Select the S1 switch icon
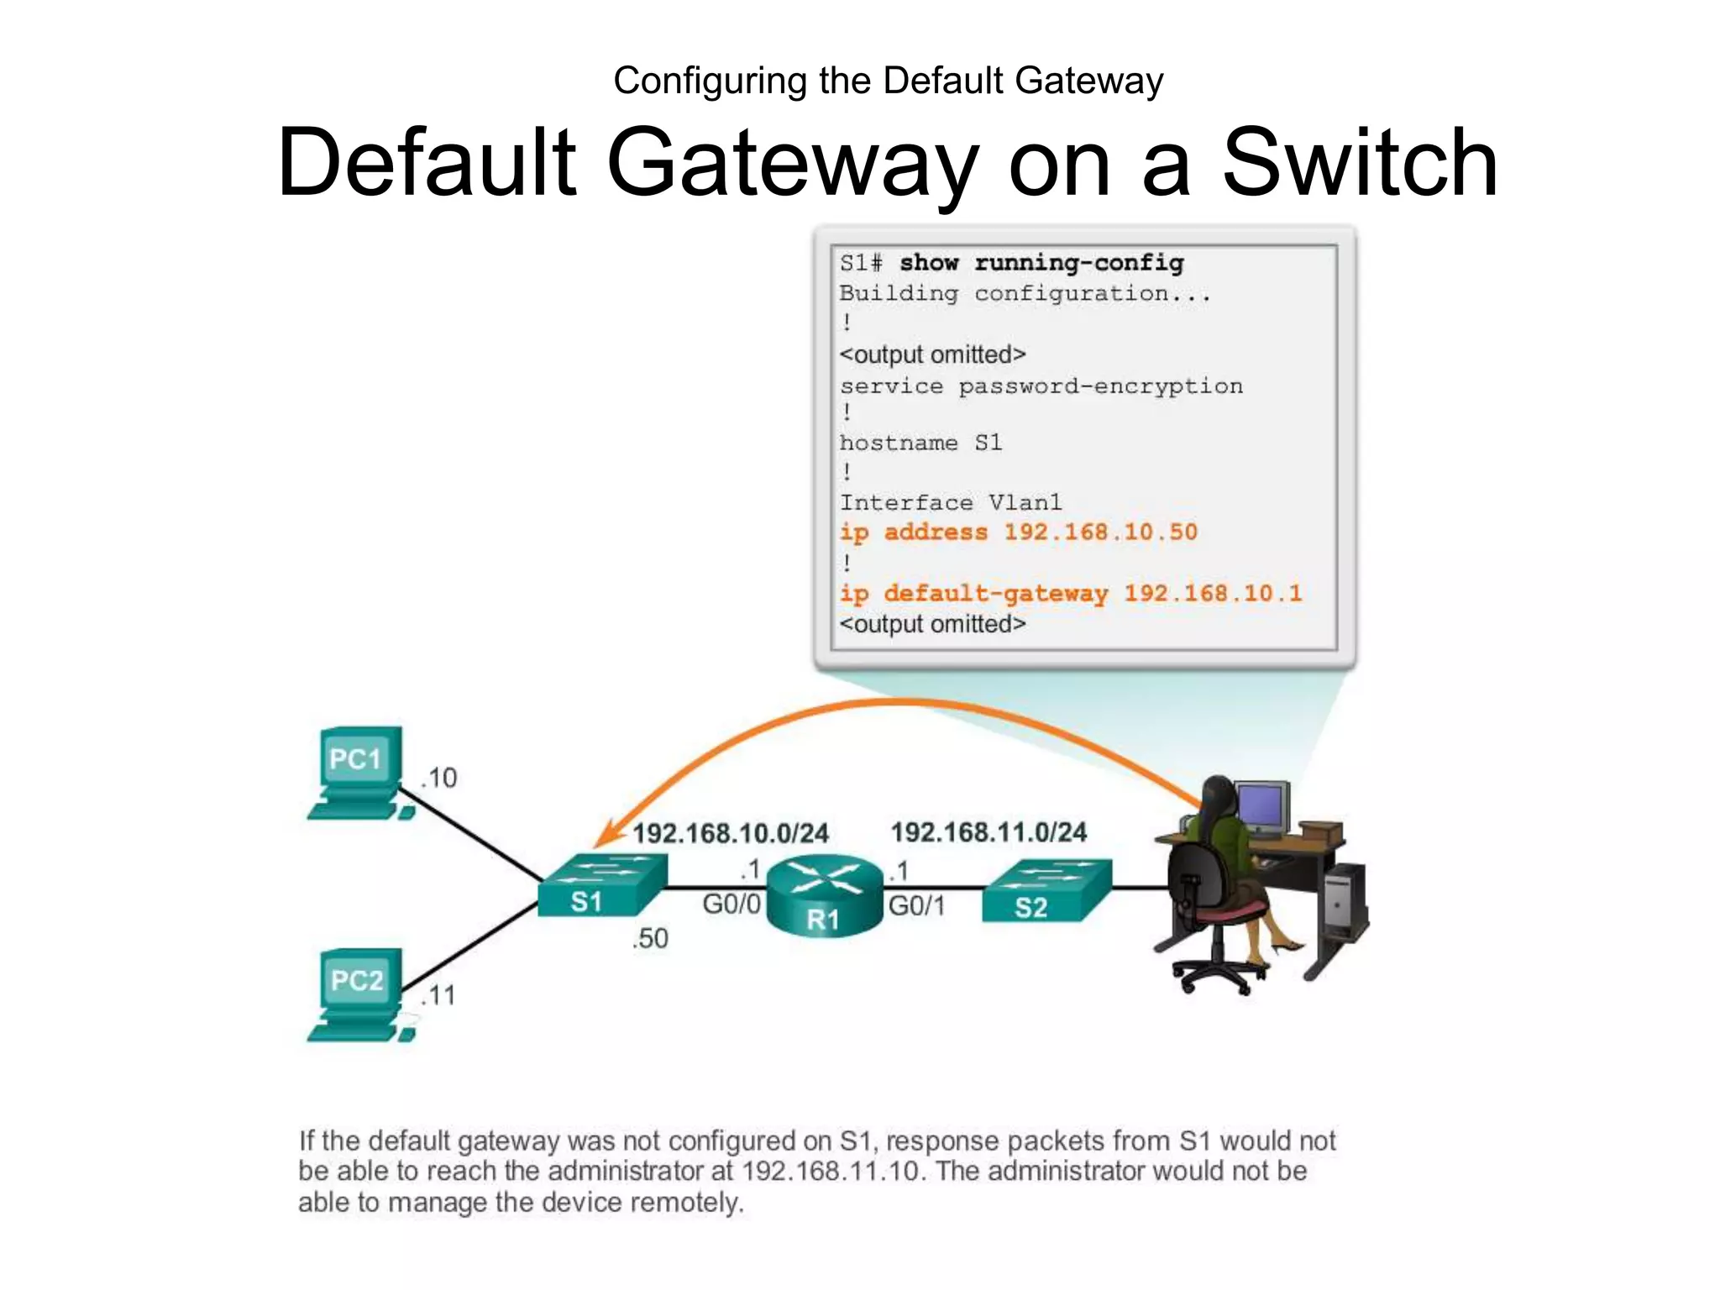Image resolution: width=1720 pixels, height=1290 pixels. [601, 886]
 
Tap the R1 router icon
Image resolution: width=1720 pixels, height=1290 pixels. [826, 895]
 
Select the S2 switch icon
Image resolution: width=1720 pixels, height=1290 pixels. [1046, 890]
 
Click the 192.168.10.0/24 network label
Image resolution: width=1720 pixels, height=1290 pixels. [730, 833]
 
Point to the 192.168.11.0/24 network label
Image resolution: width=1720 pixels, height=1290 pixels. [988, 832]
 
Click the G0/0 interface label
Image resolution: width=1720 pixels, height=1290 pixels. [731, 905]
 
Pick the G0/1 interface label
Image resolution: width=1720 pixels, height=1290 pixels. [916, 906]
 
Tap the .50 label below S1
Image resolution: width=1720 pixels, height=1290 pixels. [650, 938]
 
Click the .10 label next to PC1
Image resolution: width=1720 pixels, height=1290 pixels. [439, 778]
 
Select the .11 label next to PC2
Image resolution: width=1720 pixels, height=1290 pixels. [438, 996]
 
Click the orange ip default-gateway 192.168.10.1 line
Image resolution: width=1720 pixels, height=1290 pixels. [1070, 593]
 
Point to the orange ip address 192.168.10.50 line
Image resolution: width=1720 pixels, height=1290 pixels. [1018, 532]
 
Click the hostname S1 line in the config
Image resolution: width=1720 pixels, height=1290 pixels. [920, 443]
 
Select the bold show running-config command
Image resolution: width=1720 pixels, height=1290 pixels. [1041, 263]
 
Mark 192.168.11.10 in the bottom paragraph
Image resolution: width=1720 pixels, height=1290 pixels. [831, 1171]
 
